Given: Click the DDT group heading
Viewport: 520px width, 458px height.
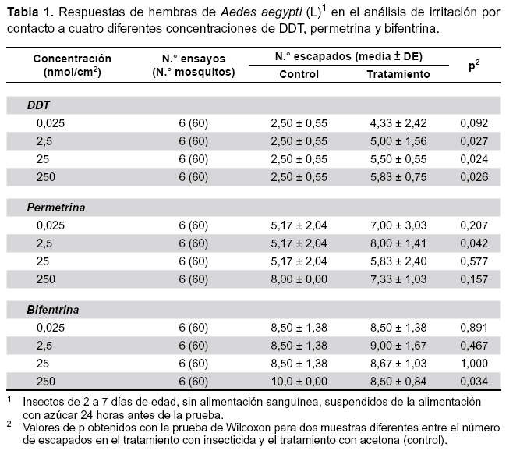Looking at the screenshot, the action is point(38,105).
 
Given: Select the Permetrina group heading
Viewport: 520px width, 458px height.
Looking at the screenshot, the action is point(56,208).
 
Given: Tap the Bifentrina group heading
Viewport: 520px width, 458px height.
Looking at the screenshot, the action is point(53,310).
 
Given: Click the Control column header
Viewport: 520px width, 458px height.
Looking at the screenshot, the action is point(299,74).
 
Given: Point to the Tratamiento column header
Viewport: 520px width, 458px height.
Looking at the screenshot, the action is point(398,74).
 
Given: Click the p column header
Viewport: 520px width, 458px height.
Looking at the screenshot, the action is point(474,66).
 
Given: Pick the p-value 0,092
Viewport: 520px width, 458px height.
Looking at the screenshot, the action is point(474,123).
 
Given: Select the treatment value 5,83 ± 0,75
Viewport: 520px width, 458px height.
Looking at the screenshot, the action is point(398,177).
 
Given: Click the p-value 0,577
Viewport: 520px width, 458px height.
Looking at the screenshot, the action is point(474,261).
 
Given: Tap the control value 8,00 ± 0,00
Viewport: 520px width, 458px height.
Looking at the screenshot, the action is point(299,279).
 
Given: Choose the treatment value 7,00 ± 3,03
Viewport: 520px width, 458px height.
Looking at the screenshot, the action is point(398,225).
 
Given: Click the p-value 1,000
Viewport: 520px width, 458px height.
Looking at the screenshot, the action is point(474,364).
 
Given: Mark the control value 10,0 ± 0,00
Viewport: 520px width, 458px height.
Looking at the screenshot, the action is point(299,382).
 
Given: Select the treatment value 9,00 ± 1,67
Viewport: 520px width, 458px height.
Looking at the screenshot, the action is point(398,346).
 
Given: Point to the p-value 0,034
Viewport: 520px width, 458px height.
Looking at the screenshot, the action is point(474,382).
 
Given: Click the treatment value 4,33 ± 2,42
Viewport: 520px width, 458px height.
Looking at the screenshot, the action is point(398,123).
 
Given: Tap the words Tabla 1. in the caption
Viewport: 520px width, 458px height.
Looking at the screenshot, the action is point(30,12).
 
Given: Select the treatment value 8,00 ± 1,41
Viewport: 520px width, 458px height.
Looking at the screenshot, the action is point(398,243).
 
